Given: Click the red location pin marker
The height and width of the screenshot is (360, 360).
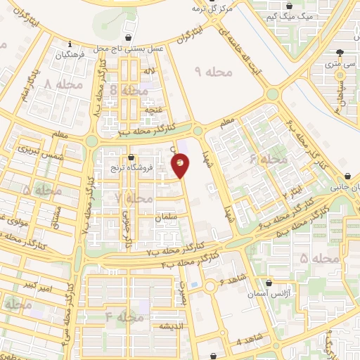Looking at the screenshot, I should tap(181, 165).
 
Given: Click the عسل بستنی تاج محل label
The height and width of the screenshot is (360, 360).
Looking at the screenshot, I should tap(127, 48).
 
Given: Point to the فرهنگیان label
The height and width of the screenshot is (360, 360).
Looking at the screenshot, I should tap(72, 54).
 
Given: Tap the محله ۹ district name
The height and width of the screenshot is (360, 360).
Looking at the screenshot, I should tap(207, 71).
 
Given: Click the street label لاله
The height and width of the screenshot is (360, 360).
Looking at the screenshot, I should tap(149, 71).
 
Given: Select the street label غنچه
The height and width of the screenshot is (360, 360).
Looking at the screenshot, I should tap(153, 110).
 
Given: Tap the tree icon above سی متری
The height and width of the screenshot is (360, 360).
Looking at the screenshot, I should tap(340, 52).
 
